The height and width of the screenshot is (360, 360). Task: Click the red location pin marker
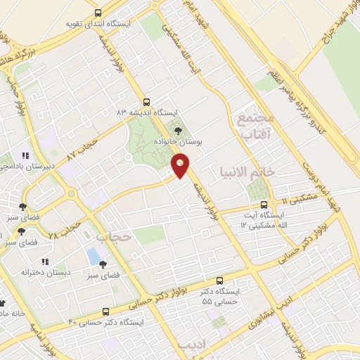pyautogui.click(x=180, y=166)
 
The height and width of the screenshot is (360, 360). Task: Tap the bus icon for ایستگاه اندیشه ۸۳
pyautogui.click(x=146, y=101)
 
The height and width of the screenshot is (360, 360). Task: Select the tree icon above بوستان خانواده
pyautogui.click(x=177, y=130)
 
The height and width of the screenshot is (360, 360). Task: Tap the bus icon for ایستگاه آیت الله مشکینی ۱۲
pyautogui.click(x=264, y=205)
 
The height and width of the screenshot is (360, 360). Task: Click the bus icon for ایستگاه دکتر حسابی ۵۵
pyautogui.click(x=220, y=281)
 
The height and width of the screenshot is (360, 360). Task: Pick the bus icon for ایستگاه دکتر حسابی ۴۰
pyautogui.click(x=106, y=311)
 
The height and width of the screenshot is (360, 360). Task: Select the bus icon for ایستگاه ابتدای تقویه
pyautogui.click(x=98, y=13)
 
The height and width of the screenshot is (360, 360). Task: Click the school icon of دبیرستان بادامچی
pyautogui.click(x=25, y=155)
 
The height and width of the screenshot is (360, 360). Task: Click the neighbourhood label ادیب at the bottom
pyautogui.click(x=191, y=346)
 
